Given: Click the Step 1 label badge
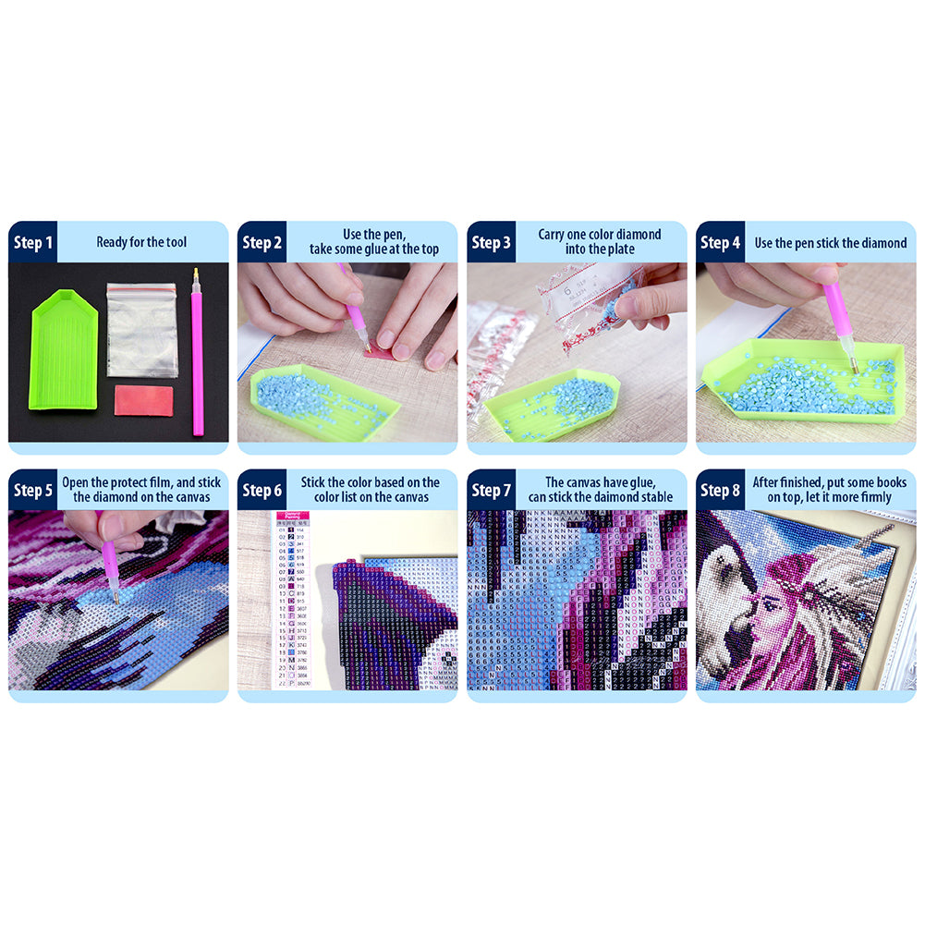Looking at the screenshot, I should click(x=32, y=243).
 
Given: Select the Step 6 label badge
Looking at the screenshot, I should click(x=262, y=491).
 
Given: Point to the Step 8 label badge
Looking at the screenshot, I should click(x=720, y=491).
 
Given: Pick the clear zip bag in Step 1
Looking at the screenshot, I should click(x=141, y=329).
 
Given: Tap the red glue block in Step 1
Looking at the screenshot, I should click(x=143, y=400).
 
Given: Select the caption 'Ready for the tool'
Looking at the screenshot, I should click(x=141, y=243).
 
